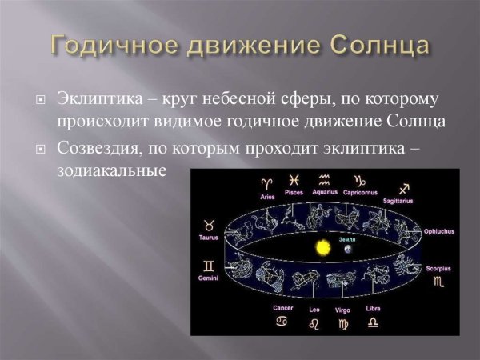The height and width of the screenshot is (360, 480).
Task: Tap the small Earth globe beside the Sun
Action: pyautogui.click(x=347, y=250)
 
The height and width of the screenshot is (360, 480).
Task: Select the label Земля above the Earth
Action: pyautogui.click(x=346, y=238)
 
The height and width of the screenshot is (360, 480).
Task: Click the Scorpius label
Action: pyautogui.click(x=438, y=269)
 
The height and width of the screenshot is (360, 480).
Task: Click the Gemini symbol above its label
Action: pyautogui.click(x=209, y=265)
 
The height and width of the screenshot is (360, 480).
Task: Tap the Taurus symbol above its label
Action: pyautogui.click(x=209, y=226)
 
